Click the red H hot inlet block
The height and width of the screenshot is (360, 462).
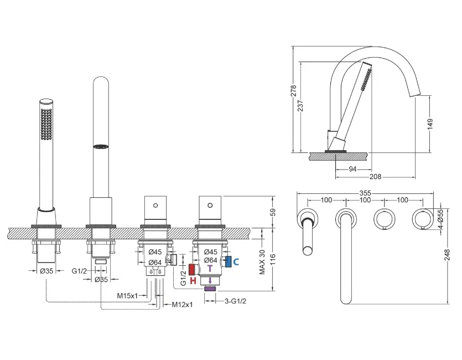click(x=193, y=270)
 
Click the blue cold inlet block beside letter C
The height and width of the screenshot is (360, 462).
click(x=228, y=261)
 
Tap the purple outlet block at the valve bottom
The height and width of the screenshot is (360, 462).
click(x=210, y=289)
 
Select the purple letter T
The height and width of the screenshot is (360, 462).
click(x=210, y=269)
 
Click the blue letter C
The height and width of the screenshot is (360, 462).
click(x=236, y=261)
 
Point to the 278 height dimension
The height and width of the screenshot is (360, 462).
click(x=293, y=91)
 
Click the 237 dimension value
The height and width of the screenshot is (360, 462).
click(x=300, y=106)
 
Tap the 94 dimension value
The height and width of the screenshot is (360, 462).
click(x=352, y=169)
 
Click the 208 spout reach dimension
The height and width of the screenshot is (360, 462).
click(x=375, y=177)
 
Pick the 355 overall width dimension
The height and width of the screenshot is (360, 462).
click(x=365, y=193)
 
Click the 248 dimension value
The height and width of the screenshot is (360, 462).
click(x=447, y=255)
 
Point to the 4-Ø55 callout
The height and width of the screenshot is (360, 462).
click(x=440, y=218)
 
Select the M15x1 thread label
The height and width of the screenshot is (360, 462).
click(x=127, y=295)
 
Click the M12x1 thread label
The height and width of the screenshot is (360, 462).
click(x=183, y=304)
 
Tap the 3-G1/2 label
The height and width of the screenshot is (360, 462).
click(x=235, y=301)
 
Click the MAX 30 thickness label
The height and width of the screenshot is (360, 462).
click(x=262, y=262)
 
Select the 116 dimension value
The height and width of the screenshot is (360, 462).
click(x=273, y=260)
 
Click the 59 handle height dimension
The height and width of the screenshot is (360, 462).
click(x=273, y=212)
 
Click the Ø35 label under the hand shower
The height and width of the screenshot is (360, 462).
click(x=46, y=271)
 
